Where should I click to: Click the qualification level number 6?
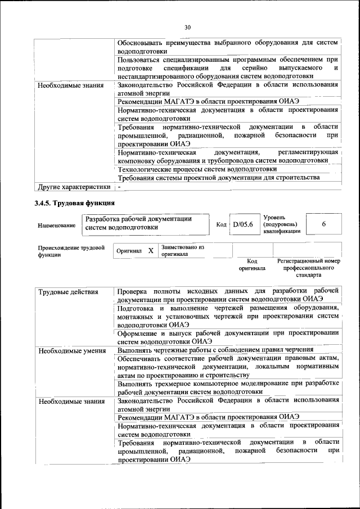point(323,224)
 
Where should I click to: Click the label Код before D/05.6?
point(222,224)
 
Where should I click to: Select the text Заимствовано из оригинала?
point(182,250)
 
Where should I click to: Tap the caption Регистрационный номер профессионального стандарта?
point(309,268)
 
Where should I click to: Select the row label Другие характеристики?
point(73,187)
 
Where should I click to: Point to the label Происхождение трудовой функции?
point(71,250)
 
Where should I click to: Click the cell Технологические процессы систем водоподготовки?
point(197,168)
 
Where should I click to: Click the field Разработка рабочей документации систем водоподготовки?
point(145,223)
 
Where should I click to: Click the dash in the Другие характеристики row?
point(120,187)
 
